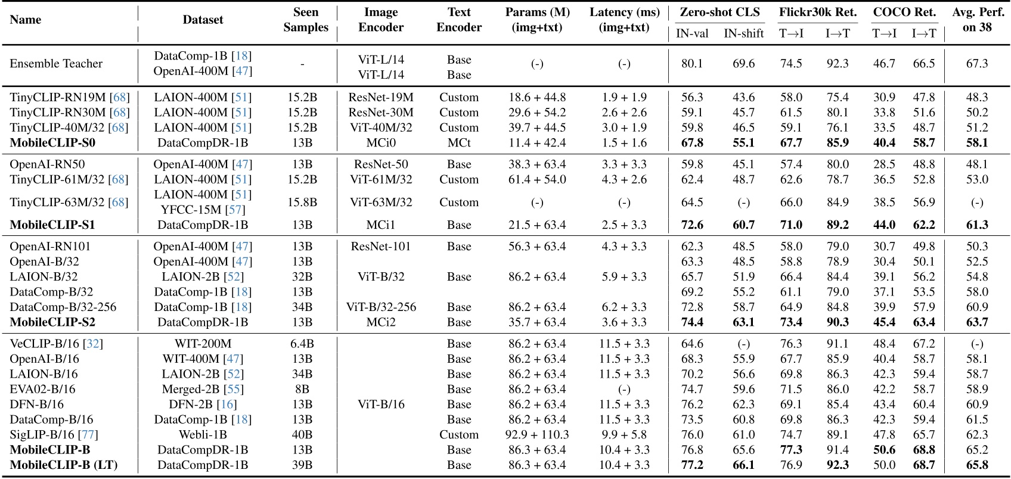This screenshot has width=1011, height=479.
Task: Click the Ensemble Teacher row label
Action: (x=56, y=64)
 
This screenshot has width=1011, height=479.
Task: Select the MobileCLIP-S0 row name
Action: (x=52, y=143)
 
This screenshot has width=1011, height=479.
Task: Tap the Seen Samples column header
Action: (x=306, y=20)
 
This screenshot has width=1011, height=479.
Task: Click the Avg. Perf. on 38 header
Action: (x=977, y=20)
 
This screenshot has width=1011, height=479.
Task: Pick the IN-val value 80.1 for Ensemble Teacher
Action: (x=691, y=64)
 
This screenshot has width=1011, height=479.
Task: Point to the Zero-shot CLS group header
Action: (x=720, y=12)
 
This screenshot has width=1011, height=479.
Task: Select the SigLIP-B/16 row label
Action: (x=54, y=435)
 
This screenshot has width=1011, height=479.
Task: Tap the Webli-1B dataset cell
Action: (x=203, y=435)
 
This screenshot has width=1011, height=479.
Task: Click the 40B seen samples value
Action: (x=302, y=435)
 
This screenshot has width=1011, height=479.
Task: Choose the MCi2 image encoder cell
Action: (x=381, y=322)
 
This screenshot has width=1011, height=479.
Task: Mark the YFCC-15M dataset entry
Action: (x=203, y=210)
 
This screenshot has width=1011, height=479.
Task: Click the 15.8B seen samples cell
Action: (x=302, y=203)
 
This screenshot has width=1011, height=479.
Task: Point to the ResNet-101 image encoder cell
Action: (x=381, y=247)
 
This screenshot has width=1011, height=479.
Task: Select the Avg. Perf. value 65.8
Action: (x=977, y=465)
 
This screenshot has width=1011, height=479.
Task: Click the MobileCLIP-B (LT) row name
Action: (x=64, y=465)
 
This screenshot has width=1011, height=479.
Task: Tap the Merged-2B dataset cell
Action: (x=203, y=389)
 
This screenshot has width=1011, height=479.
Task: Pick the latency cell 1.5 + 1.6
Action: (x=624, y=143)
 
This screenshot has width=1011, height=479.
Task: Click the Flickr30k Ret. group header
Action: (x=817, y=12)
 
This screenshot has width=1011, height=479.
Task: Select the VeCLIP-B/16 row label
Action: (x=56, y=344)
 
